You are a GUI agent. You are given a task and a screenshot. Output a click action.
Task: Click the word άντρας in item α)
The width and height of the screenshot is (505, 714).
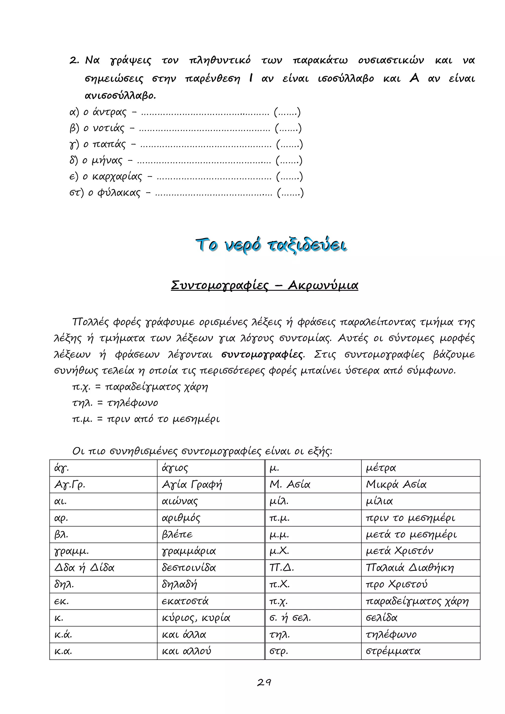point(109,112)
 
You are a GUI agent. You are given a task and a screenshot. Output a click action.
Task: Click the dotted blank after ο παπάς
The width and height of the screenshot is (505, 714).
point(206,145)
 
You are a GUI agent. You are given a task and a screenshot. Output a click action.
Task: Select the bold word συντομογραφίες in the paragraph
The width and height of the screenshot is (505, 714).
point(262,355)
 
